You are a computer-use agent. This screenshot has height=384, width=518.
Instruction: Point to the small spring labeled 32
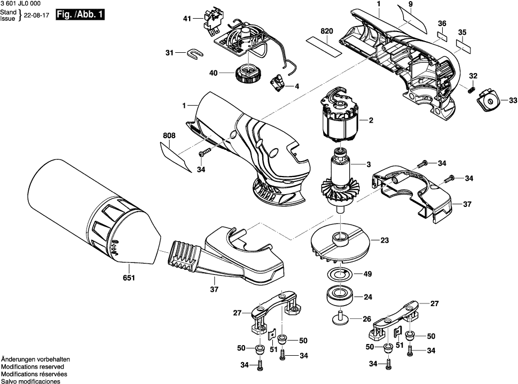point(471,89)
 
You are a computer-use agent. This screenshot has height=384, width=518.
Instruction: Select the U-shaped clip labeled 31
point(196,53)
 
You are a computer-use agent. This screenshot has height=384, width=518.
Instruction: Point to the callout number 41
point(187,19)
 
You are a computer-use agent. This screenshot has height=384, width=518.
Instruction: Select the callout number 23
point(384,240)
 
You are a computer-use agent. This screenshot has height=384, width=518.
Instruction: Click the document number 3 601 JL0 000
point(22,4)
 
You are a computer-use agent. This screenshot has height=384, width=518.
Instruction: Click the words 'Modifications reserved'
point(32,367)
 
